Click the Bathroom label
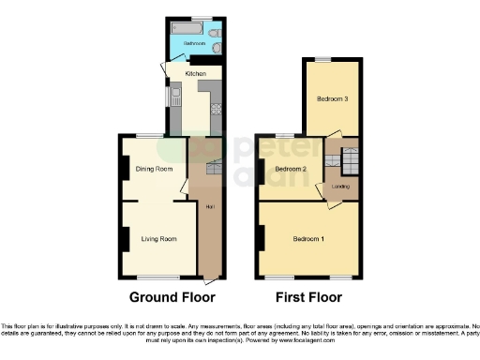(193, 43)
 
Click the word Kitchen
(194, 72)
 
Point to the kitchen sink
(174, 95)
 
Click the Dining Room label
(154, 170)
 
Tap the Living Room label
(158, 239)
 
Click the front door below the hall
(208, 280)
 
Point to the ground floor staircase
(211, 169)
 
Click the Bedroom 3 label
(332, 98)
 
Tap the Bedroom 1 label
(308, 239)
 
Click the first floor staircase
(344, 161)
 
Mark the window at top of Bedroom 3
(322, 59)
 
